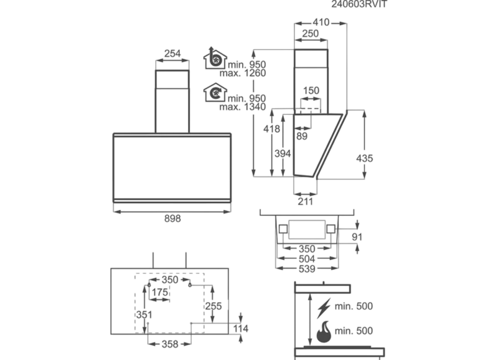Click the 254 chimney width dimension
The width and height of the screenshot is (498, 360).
point(172,54)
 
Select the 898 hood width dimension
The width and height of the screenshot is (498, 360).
point(172,219)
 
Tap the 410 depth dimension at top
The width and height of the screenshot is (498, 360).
point(321,22)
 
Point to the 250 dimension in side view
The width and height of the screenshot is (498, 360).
point(311,34)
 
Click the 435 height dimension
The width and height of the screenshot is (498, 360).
point(364,158)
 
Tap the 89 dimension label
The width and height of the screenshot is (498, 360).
point(302,136)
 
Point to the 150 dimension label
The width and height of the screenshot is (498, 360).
point(311,91)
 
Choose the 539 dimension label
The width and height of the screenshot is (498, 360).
point(305,269)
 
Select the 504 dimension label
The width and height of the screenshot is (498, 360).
point(305,259)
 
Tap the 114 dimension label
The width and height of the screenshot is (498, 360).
point(241,328)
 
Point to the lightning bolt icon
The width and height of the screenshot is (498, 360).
point(324,308)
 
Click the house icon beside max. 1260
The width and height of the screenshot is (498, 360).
point(215,60)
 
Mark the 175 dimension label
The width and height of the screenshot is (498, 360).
point(161,292)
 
